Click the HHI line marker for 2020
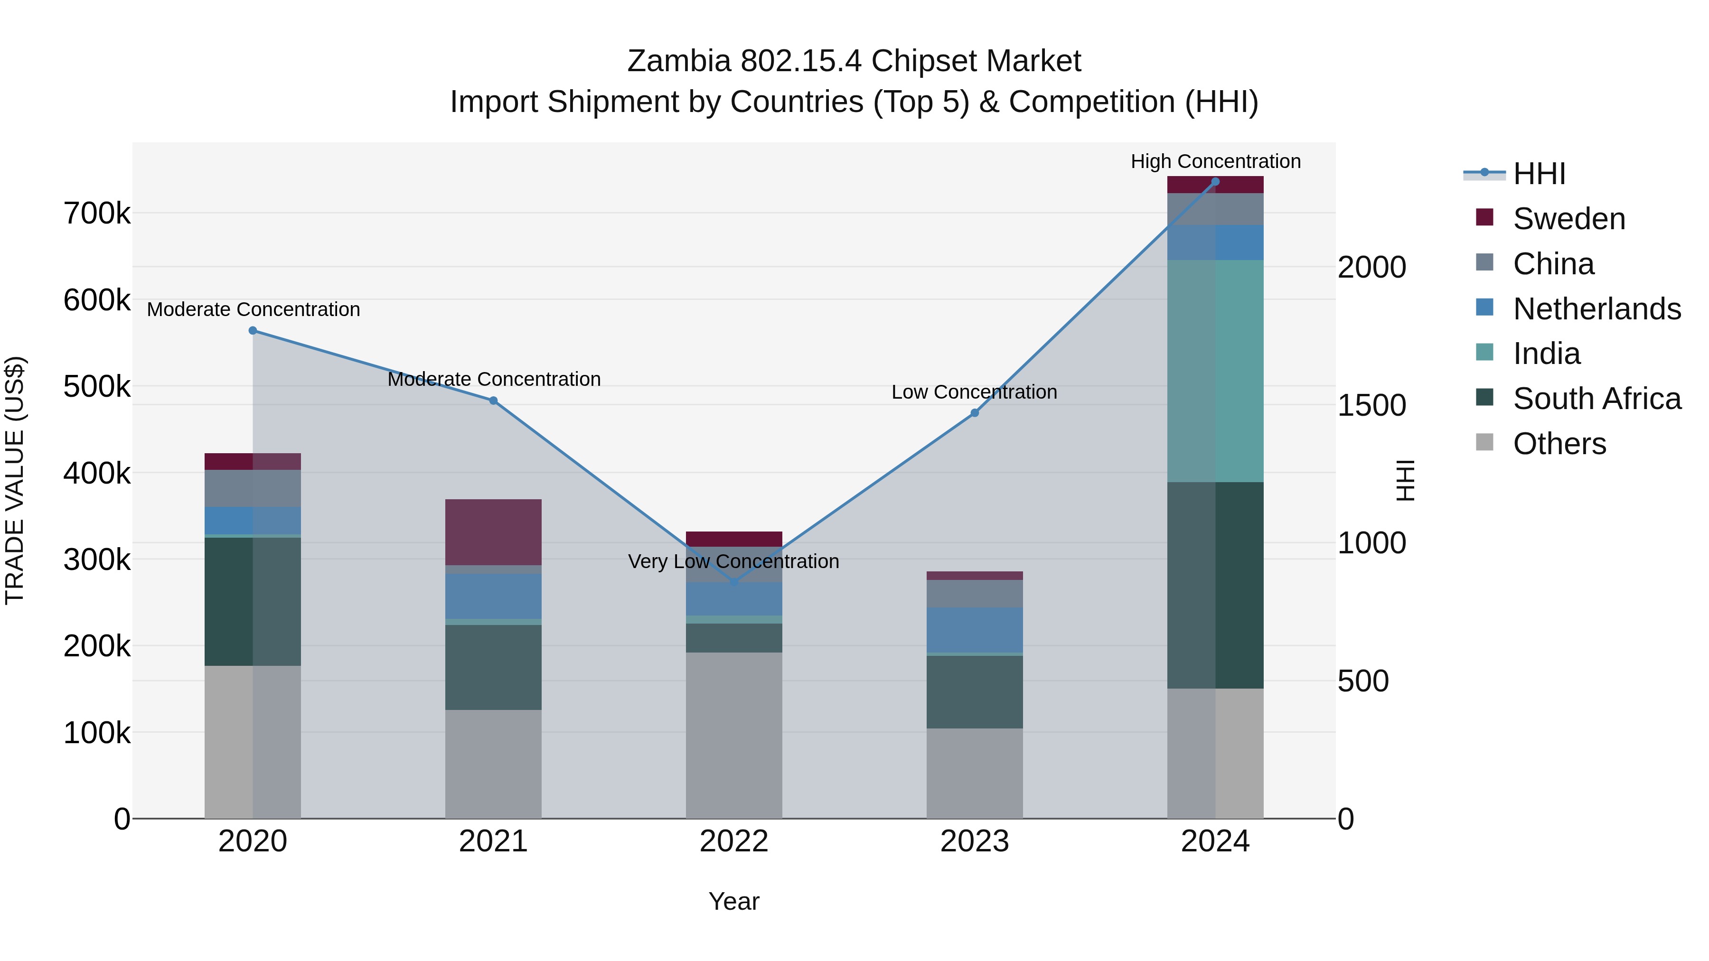click(253, 330)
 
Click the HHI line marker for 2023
click(975, 413)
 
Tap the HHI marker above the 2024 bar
click(1215, 182)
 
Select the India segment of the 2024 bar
click(1215, 372)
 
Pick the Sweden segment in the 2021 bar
click(493, 532)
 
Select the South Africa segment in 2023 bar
click(975, 692)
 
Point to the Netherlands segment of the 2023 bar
click(975, 630)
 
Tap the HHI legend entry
click(1539, 174)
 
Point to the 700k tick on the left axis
click(97, 214)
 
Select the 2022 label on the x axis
click(734, 841)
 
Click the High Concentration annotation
click(1215, 161)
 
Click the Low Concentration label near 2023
click(974, 392)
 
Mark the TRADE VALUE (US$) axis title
click(15, 480)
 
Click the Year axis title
click(734, 901)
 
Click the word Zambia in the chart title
click(679, 61)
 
